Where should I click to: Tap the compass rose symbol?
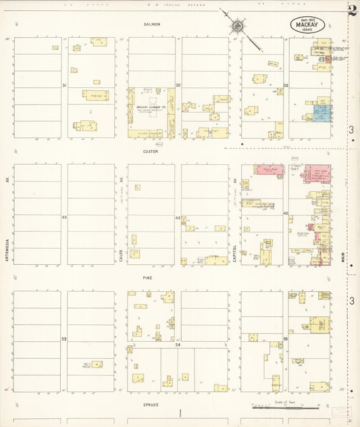point(238,26)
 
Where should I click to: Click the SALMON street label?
point(151,24)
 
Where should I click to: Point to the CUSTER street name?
point(150,151)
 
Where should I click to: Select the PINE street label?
point(147,278)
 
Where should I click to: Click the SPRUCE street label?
point(150,404)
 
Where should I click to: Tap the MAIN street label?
point(342,257)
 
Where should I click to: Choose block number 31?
point(64,86)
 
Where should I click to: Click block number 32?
point(178,85)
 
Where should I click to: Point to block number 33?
point(286,86)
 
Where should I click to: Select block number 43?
point(64,218)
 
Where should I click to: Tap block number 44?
point(178,218)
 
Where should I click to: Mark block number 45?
point(286,214)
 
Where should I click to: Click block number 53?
point(64,338)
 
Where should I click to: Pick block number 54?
point(178,345)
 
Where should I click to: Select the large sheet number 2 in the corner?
point(352,9)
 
